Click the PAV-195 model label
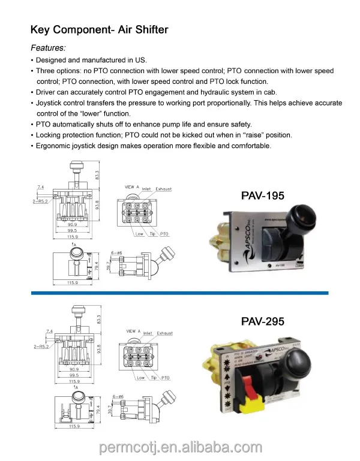click(x=262, y=195)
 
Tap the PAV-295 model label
click(x=262, y=321)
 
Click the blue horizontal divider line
click(x=180, y=293)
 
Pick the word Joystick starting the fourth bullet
click(x=52, y=103)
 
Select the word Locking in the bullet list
click(x=50, y=135)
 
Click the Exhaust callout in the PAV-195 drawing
click(x=164, y=189)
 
